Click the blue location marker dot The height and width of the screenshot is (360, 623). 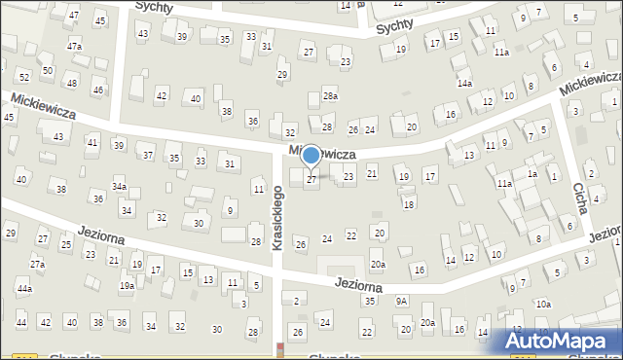311,155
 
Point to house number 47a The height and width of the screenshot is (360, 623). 74,47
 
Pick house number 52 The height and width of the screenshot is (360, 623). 24,76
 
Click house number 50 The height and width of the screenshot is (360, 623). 47,70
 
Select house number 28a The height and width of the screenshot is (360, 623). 331,95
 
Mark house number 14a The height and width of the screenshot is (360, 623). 465,84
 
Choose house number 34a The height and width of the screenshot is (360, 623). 119,186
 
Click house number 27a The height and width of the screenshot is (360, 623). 37,265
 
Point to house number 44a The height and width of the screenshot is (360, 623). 24,289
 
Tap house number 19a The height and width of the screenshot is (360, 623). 127,286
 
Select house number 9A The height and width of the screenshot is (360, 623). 401,302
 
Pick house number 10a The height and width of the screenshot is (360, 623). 543,305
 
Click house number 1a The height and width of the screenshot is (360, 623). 532,173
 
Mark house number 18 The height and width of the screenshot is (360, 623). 409,204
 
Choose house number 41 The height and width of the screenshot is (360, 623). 92,143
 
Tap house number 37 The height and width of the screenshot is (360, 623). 148,156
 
